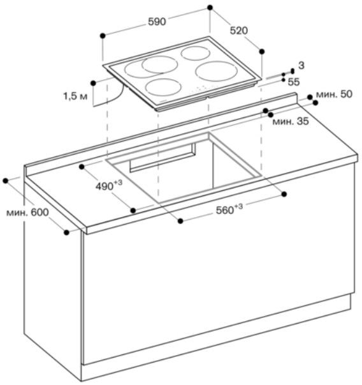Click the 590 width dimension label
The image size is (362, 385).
(x=157, y=22)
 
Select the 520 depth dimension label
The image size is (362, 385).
(x=239, y=31)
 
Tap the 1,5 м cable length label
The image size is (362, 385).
(x=75, y=96)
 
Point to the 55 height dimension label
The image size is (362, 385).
(x=294, y=82)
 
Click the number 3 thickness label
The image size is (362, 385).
(x=301, y=65)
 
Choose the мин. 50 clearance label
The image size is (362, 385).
(x=335, y=94)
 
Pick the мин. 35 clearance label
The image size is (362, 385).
(x=291, y=121)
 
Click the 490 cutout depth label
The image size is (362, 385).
(x=109, y=185)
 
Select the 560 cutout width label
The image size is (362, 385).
(x=229, y=209)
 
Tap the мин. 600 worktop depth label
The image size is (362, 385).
(x=27, y=213)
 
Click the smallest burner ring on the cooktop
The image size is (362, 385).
(x=196, y=53)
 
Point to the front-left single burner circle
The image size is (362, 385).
(x=163, y=88)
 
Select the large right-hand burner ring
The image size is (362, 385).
(x=217, y=71)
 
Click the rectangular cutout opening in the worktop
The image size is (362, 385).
(x=184, y=168)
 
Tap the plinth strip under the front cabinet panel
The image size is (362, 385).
(x=215, y=338)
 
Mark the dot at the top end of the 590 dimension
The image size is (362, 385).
(x=210, y=8)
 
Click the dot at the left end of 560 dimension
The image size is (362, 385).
(x=180, y=221)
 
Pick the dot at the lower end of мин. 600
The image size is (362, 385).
(x=66, y=232)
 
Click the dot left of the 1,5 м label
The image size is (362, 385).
(x=93, y=83)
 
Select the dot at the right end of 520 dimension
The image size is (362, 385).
(x=262, y=52)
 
